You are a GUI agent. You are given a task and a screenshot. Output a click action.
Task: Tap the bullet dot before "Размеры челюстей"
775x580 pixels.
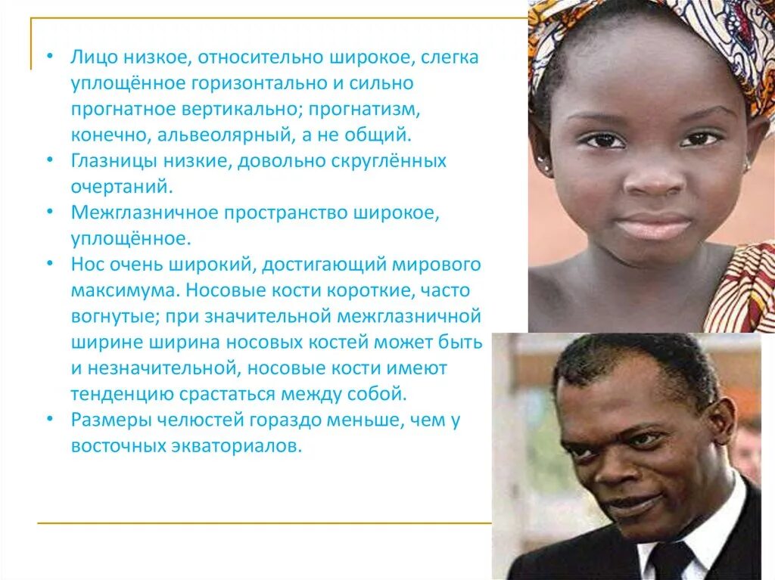pos(49,420)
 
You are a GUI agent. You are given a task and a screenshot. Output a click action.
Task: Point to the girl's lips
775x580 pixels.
pos(655,225)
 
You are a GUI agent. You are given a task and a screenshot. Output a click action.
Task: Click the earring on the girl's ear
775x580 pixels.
pos(542,162)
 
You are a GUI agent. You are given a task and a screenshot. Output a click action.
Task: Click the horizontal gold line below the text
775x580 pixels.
pos(265,523)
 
